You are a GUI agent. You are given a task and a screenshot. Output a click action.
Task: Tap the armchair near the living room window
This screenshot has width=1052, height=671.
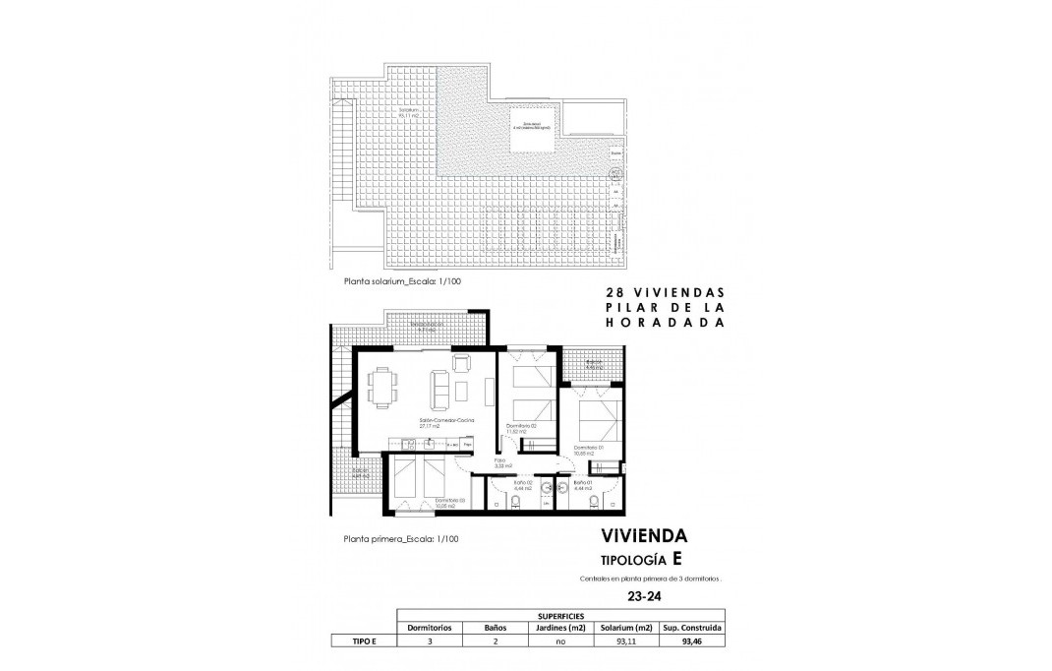461,365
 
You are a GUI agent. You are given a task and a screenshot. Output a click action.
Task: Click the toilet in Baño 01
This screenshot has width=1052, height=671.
591,503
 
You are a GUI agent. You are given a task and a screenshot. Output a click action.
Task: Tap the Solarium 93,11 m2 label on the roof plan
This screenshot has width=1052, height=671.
399,111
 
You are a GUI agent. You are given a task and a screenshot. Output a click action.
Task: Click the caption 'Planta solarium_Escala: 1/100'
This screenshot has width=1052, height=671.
402,280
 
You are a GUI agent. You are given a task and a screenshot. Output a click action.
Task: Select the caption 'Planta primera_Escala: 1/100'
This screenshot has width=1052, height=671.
400,538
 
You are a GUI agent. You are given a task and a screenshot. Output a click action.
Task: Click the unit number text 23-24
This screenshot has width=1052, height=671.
643,595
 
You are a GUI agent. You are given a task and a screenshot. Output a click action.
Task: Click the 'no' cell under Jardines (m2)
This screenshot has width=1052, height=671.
560,641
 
